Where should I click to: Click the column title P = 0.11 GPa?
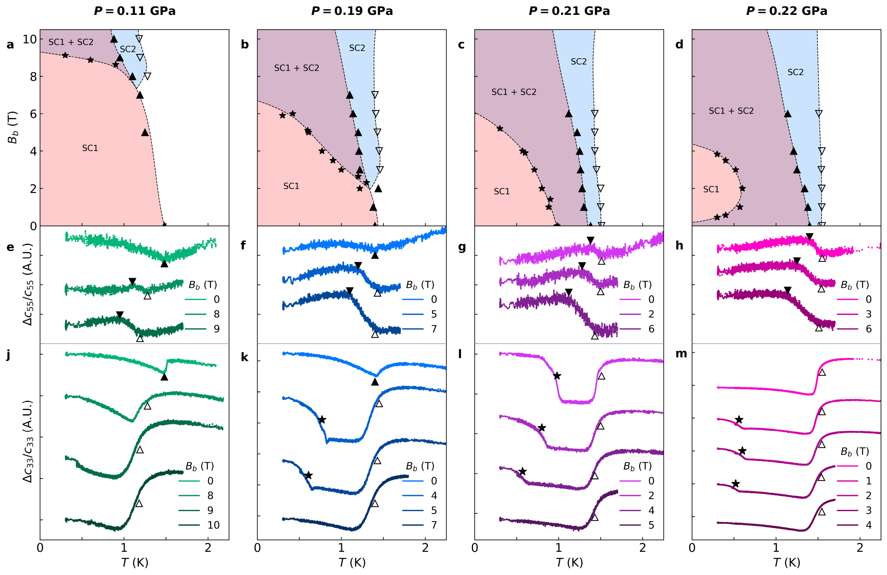135,11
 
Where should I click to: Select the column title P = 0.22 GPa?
787,11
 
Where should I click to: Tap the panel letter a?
10,45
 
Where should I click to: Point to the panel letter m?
681,354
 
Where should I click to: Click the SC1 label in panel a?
90,148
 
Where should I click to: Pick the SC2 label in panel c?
579,61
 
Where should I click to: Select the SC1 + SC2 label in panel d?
731,111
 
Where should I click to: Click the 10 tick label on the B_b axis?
29,39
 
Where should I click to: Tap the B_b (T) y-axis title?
13,127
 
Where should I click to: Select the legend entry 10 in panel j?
213,525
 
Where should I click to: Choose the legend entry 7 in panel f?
434,329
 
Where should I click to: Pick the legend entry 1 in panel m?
869,481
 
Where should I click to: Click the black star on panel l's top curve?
557,376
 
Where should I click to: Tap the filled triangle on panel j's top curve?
164,377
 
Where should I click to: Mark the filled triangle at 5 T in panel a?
145,132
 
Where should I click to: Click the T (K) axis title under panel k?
352,563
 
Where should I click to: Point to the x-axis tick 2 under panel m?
860,548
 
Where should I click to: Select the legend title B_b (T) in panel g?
637,285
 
